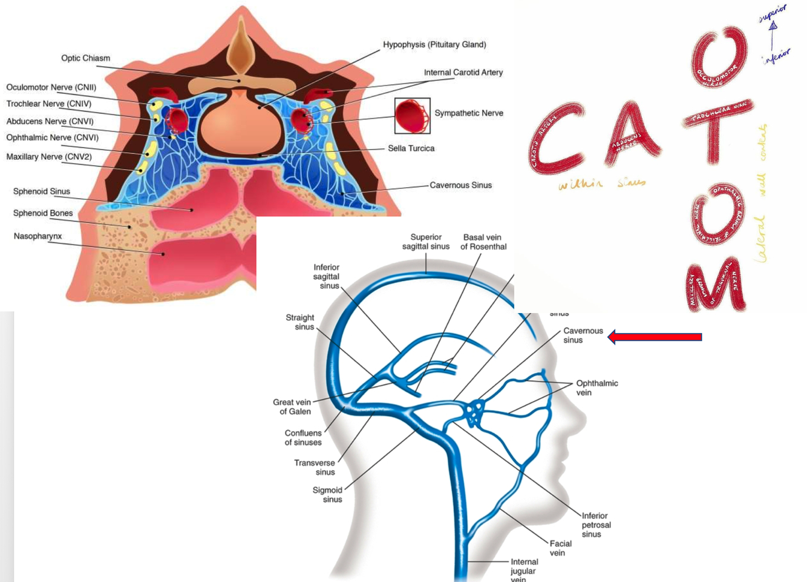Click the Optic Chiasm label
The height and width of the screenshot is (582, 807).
[x=85, y=58]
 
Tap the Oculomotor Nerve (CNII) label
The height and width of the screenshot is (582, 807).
[x=51, y=87]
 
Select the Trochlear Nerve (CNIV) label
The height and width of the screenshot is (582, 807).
[x=48, y=104]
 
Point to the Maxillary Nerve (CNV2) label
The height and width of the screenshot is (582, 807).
[x=48, y=157]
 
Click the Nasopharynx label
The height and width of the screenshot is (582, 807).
[x=38, y=236]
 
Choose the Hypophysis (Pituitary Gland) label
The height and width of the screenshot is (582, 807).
[x=434, y=45]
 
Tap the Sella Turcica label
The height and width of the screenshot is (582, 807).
[x=411, y=148]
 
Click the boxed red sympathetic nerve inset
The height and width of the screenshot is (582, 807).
[x=412, y=116]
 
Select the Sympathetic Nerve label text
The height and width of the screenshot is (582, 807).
[x=468, y=113]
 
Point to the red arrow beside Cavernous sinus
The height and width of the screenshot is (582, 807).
[x=655, y=337]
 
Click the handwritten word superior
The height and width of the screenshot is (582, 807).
[x=773, y=13]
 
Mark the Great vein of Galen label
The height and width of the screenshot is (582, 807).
[x=292, y=406]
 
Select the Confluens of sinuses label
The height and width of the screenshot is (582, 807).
[x=303, y=438]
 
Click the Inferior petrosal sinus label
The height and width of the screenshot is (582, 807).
[x=596, y=524]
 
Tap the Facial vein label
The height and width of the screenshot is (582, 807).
[x=560, y=548]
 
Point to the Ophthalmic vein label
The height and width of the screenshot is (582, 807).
[x=596, y=388]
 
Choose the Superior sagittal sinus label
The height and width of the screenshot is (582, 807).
[x=426, y=242]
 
